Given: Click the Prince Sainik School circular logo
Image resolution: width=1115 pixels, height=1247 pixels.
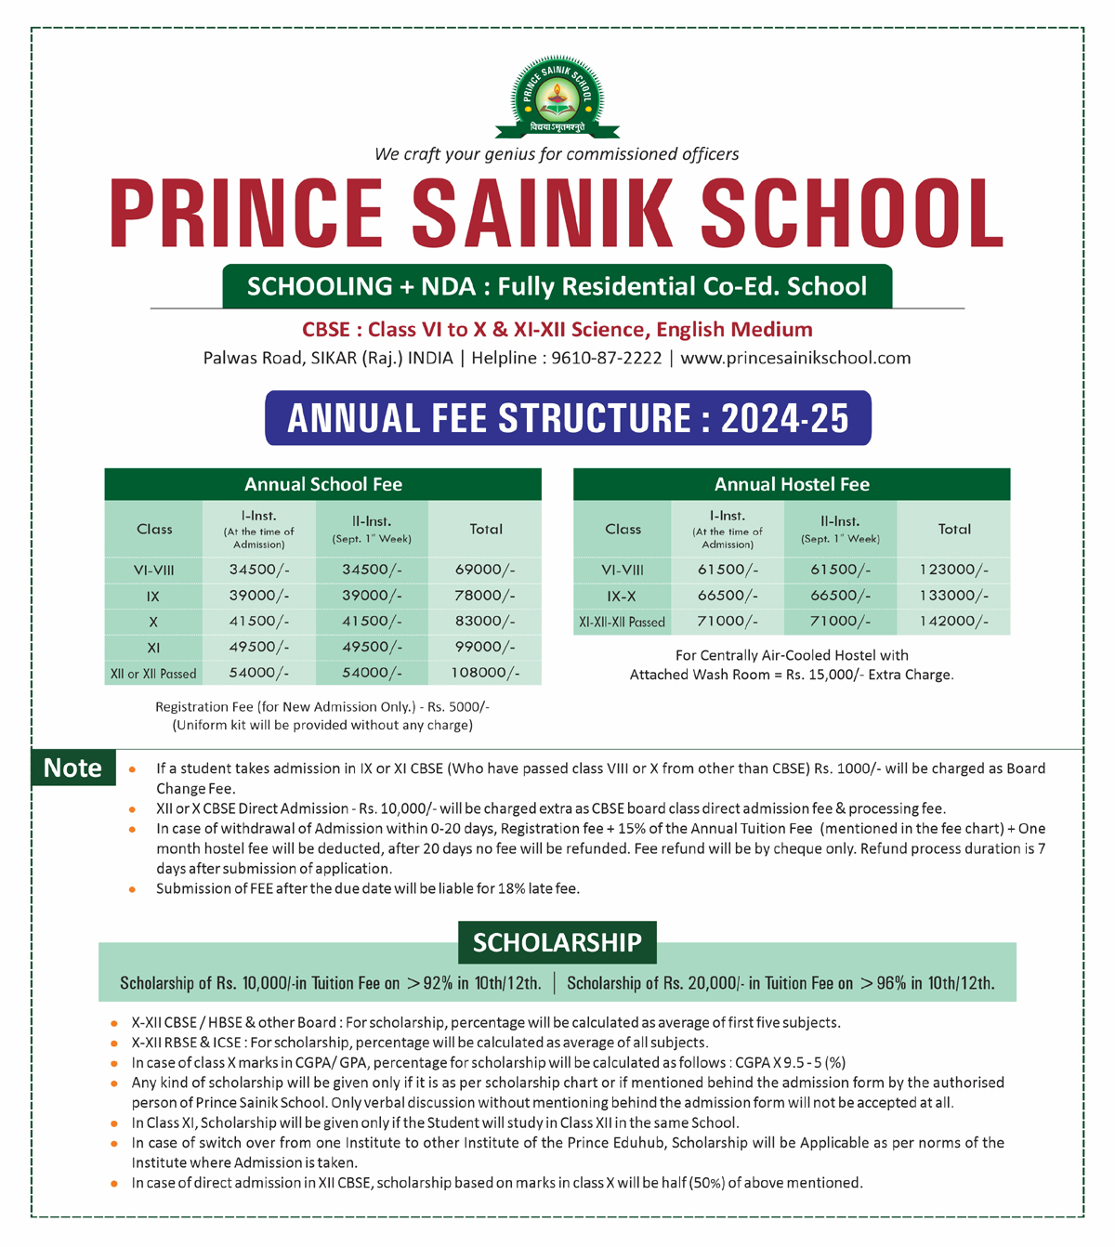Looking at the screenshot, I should (x=557, y=97).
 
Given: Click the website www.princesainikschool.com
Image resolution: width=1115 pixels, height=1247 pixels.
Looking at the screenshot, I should (x=795, y=358).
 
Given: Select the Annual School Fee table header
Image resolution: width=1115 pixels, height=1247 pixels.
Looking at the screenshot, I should (x=322, y=484).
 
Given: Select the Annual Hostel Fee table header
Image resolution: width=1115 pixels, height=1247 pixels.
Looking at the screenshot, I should (x=792, y=484).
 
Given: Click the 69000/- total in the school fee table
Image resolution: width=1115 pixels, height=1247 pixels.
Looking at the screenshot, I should (x=485, y=570).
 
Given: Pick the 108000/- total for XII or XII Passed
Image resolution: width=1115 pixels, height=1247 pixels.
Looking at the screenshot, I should (x=485, y=673).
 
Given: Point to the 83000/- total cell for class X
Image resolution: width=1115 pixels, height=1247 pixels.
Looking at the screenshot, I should (x=485, y=621).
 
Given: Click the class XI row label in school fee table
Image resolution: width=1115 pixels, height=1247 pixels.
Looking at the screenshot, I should (x=153, y=648).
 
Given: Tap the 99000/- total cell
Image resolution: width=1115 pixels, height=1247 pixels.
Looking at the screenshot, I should (x=485, y=647).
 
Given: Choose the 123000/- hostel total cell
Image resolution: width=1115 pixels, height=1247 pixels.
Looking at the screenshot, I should (x=954, y=570).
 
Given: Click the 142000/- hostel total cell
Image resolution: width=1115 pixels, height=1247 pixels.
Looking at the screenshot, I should (x=954, y=622).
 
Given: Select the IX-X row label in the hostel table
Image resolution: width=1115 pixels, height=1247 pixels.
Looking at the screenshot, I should (x=622, y=596).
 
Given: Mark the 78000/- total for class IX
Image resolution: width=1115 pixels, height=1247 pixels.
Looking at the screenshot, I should (x=485, y=595).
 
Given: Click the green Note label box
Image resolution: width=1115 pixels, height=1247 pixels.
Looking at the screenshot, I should (x=73, y=768).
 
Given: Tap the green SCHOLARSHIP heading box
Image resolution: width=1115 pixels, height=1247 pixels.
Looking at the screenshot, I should (x=557, y=942).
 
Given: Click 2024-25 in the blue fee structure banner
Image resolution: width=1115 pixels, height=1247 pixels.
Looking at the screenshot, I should (x=784, y=418).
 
